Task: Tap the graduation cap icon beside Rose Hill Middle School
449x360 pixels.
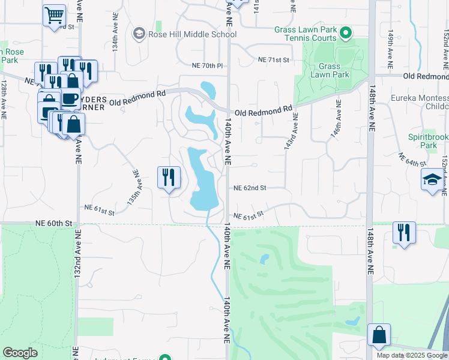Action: coord(139,34)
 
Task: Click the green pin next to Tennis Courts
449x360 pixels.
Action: coord(345,34)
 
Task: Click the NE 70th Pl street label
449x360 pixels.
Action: coord(207,65)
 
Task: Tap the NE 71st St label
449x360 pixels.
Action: coord(273,60)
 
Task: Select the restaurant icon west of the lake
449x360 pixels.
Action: coord(169,177)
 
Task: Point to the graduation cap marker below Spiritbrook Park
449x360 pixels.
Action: coord(432,180)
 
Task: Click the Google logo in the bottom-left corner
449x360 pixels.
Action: coord(20,353)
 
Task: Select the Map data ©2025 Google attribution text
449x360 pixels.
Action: coord(411,355)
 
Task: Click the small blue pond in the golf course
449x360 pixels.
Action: coord(264,260)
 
